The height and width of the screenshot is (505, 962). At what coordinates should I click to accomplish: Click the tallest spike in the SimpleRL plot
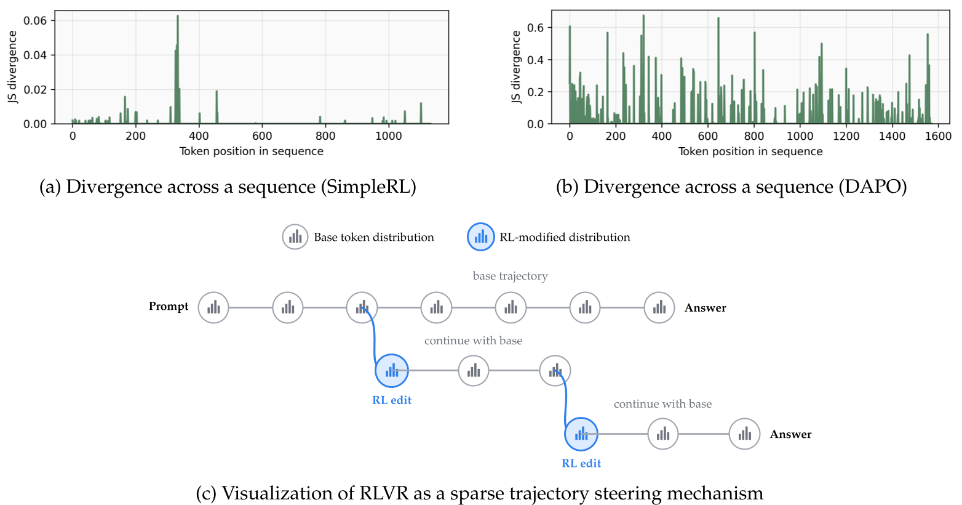tap(178, 62)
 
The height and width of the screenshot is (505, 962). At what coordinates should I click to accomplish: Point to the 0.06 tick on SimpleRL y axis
tap(35, 20)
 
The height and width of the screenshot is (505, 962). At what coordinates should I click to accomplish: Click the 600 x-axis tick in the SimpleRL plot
tap(262, 136)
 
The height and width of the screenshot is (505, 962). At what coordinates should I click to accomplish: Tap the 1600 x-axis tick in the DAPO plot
tap(938, 136)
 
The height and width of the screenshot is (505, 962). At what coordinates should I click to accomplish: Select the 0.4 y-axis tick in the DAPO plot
tap(535, 60)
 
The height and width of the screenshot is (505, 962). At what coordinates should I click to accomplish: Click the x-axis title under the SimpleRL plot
tap(251, 151)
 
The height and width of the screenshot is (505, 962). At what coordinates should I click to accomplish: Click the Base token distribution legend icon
tap(295, 237)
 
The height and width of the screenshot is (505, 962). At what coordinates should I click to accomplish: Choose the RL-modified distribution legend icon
tap(481, 237)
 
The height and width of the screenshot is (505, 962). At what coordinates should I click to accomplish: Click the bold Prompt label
tap(169, 307)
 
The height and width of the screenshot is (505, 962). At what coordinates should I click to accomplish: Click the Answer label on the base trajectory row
tap(705, 308)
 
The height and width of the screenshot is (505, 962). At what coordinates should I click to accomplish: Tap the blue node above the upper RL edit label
tap(392, 371)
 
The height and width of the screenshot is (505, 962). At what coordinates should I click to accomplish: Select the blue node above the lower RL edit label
tap(581, 434)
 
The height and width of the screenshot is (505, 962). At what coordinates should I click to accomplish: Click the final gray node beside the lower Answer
tap(744, 434)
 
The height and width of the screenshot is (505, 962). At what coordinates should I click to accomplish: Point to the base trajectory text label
tap(510, 276)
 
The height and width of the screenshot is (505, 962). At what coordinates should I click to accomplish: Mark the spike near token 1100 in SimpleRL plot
tap(421, 113)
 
